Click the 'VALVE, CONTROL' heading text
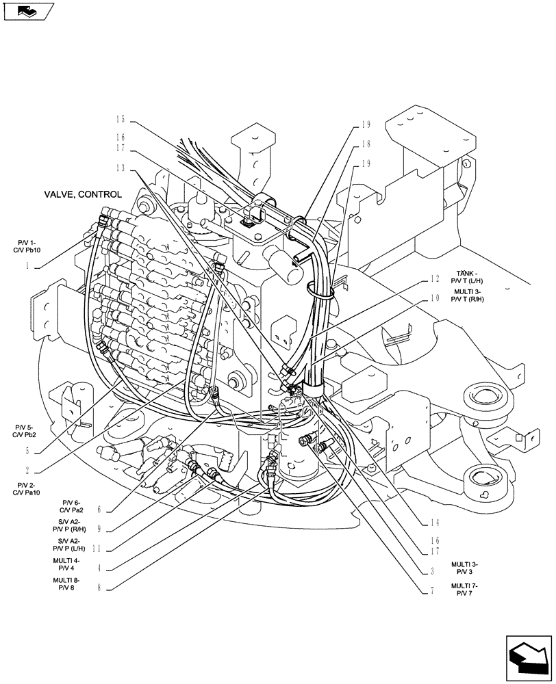[83, 194]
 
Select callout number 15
[121, 119]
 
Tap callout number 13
[121, 168]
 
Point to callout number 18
[365, 144]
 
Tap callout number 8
[100, 587]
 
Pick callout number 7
[432, 592]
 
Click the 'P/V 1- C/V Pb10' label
[29, 246]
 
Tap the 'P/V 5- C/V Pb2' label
[27, 431]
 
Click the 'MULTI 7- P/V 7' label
[465, 590]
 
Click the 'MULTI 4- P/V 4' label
[68, 563]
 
